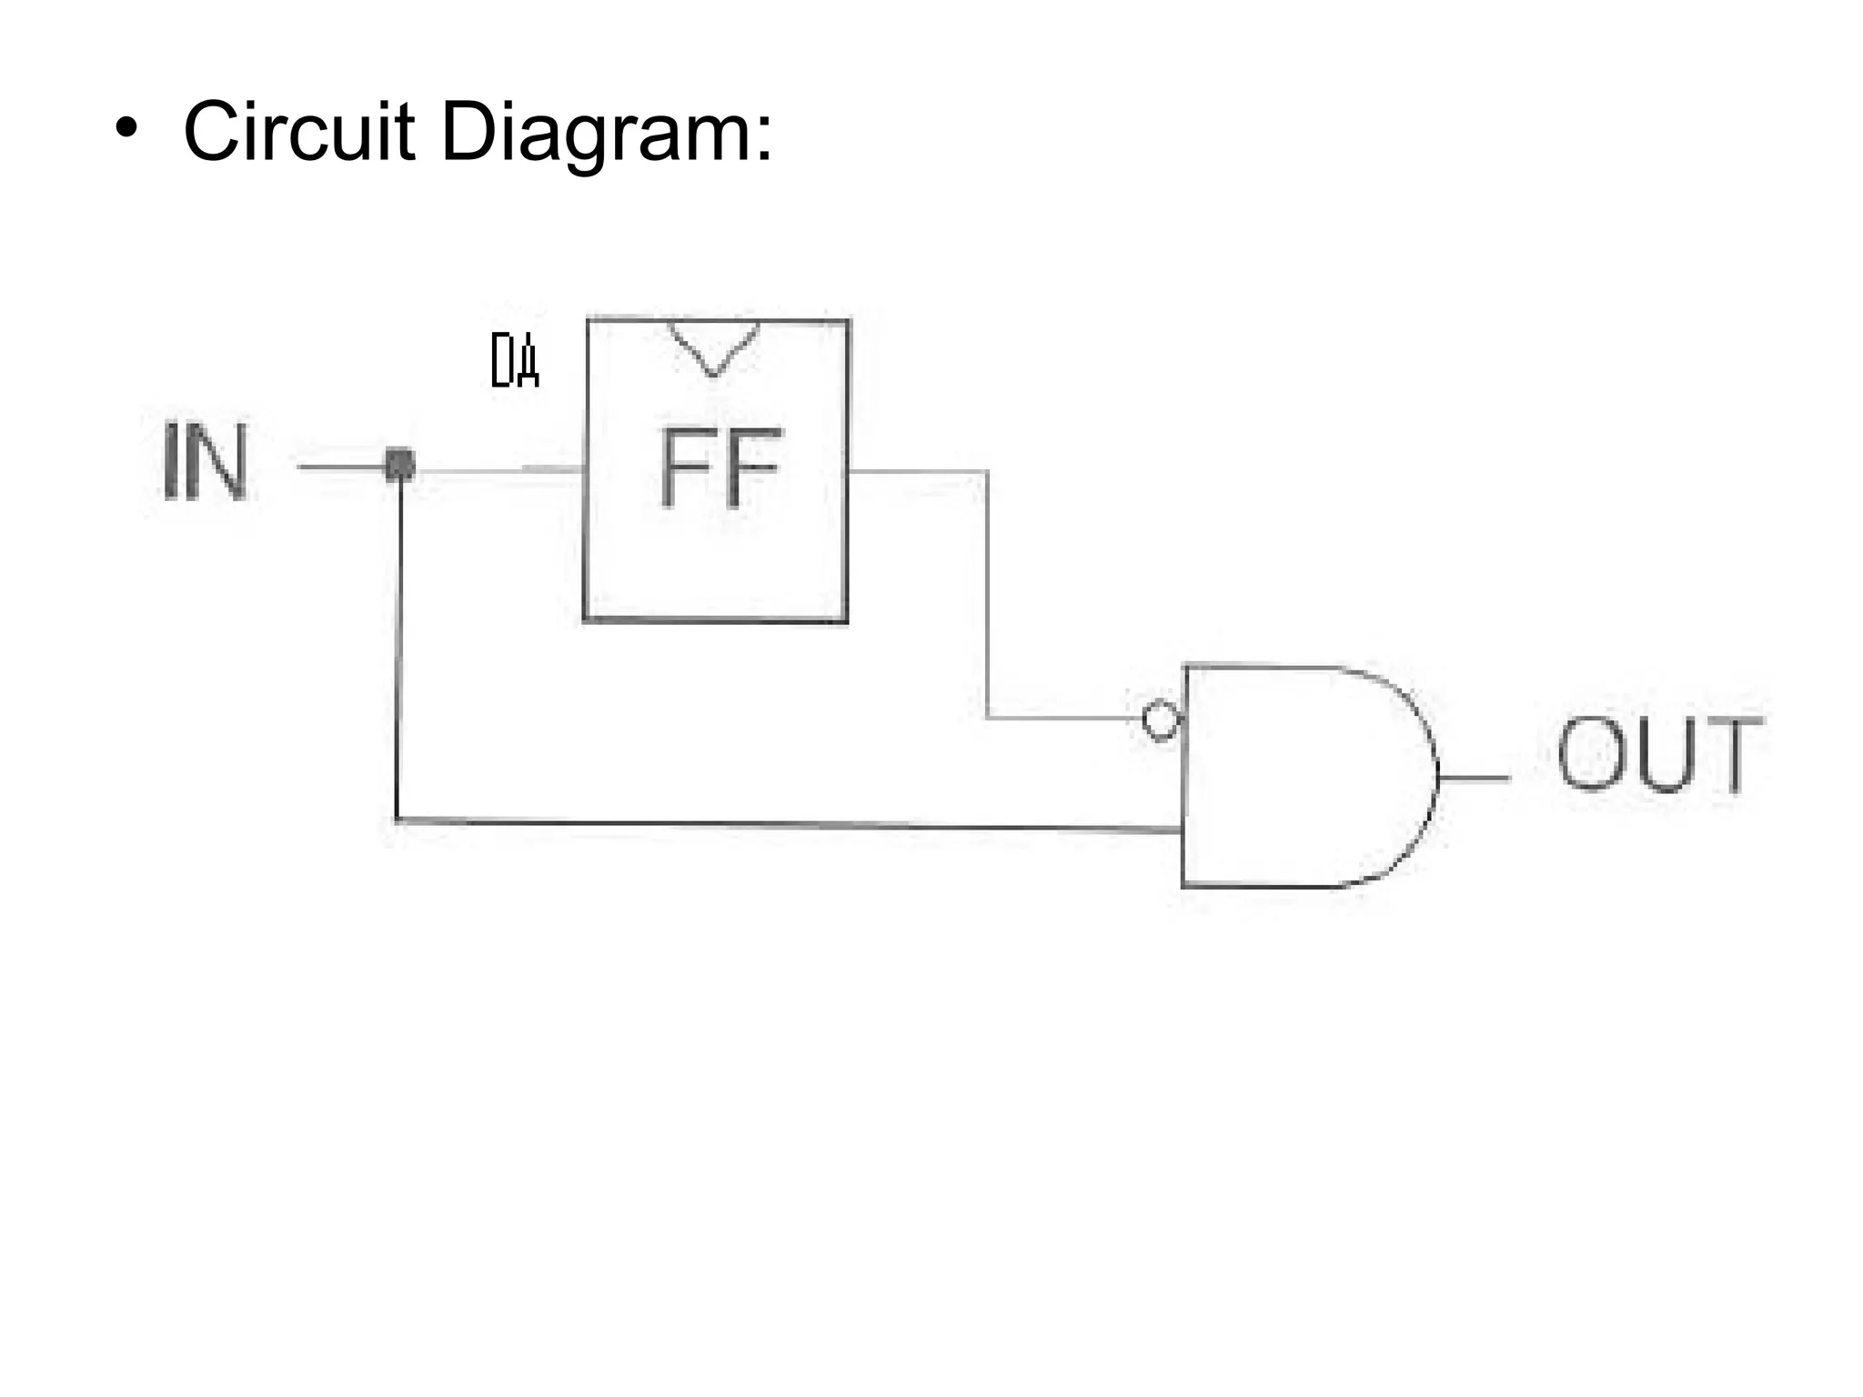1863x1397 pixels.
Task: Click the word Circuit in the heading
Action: pos(299,132)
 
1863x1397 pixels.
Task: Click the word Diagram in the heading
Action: pos(595,134)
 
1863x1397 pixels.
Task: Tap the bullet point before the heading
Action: pos(126,128)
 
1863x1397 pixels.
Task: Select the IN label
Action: pos(206,462)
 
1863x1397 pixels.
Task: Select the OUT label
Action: pos(1659,754)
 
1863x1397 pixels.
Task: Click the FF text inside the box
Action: pos(719,467)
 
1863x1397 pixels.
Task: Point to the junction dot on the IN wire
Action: pos(400,466)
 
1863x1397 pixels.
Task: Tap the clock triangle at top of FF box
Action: pos(713,347)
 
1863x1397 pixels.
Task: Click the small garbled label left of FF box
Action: pos(515,360)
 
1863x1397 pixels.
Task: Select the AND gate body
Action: pos(1301,778)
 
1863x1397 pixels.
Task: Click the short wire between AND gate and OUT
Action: pos(1474,779)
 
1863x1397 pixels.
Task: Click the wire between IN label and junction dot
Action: pos(341,467)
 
